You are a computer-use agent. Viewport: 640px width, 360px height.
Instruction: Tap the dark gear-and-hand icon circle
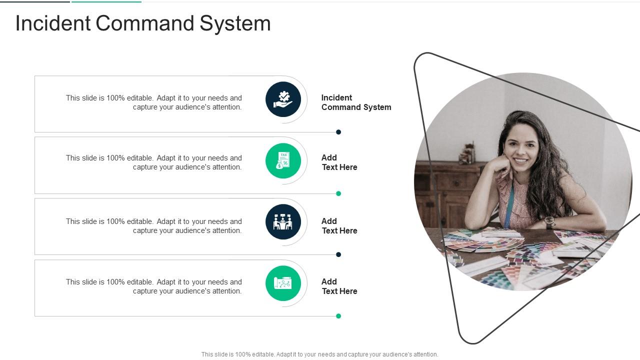pos(283,99)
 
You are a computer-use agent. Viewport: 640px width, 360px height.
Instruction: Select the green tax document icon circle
pos(283,160)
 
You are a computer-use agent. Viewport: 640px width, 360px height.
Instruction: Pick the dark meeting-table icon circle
pos(283,221)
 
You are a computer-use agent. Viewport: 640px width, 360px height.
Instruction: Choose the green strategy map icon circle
pos(283,283)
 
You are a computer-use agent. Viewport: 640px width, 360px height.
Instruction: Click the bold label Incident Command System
pos(356,102)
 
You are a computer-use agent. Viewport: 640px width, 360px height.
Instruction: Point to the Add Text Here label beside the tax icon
pos(339,162)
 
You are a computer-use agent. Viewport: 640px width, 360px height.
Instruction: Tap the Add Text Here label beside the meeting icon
pos(339,226)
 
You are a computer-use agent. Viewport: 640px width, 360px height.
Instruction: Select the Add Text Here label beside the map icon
pos(339,286)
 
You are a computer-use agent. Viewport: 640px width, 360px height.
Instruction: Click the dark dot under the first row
pos(338,132)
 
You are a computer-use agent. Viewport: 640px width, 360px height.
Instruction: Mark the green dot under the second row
pos(338,193)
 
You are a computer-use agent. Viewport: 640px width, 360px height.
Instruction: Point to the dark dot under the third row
pos(338,254)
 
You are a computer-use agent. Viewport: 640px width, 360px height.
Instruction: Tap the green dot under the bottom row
pos(338,316)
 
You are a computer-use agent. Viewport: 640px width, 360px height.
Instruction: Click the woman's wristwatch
pos(549,221)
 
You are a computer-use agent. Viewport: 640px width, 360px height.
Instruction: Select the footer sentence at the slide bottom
pos(319,354)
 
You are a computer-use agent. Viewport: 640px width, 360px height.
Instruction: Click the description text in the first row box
pos(153,102)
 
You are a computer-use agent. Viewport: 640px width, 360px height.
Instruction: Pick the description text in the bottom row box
pos(153,286)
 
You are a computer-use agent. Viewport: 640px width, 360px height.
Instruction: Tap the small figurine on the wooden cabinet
pos(468,154)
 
